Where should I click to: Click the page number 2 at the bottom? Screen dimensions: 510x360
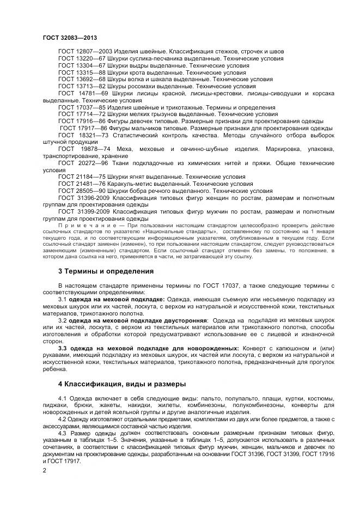[45, 470]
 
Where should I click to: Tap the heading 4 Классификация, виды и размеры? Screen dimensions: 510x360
[123, 384]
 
